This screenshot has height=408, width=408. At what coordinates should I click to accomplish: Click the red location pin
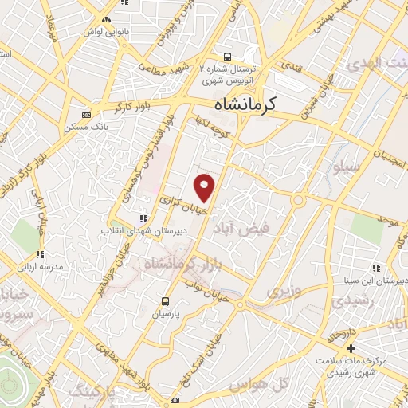coord(205,186)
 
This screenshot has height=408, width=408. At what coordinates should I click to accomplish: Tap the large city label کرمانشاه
coord(246,104)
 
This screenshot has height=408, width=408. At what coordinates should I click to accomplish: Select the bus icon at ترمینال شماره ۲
coord(228,57)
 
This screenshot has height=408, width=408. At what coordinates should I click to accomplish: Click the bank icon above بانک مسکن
coord(86,115)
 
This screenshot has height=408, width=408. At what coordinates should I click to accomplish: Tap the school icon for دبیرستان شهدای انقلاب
coord(143,218)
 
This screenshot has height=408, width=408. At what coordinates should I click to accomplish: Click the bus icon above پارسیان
coord(165,301)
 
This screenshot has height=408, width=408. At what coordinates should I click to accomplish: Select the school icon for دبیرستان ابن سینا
coord(375,269)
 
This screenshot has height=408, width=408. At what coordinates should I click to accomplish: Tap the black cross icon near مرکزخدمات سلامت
coord(351,348)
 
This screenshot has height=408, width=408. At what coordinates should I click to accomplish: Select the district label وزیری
coord(284,292)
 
